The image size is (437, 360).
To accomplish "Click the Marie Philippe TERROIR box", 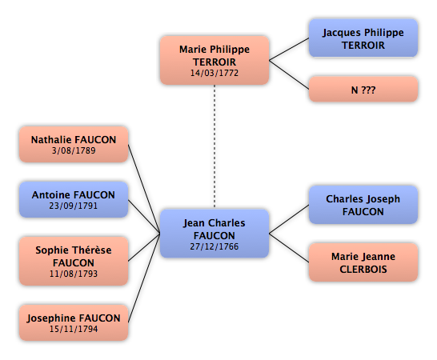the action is point(214,60).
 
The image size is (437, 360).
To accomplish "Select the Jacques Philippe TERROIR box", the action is point(363,38).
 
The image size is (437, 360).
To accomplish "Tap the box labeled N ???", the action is point(363,89).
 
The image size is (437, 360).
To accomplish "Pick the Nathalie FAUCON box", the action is point(74,144).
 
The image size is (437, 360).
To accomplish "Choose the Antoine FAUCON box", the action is point(74,199).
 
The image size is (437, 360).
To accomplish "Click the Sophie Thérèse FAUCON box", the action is point(74,261).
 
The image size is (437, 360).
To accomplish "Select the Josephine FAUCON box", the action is point(74,322).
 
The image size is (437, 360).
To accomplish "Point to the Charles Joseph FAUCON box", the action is point(363,205).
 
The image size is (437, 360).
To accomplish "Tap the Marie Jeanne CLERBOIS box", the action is point(363,262).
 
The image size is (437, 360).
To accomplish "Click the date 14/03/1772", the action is point(214,73).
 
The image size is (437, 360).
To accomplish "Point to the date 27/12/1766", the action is point(214,246).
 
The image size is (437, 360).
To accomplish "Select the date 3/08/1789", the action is point(74,150).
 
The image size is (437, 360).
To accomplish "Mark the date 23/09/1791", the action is point(74,206).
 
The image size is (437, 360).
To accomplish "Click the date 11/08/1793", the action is point(74,274).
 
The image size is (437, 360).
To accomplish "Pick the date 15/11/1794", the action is point(74,329).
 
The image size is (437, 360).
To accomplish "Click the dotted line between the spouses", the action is point(214,146).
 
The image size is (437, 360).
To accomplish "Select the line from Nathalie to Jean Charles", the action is point(144,189).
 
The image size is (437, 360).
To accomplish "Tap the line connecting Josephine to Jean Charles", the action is point(144,278).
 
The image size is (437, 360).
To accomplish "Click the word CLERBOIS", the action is point(363,270).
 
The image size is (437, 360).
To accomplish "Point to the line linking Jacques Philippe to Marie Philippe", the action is point(289,50).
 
